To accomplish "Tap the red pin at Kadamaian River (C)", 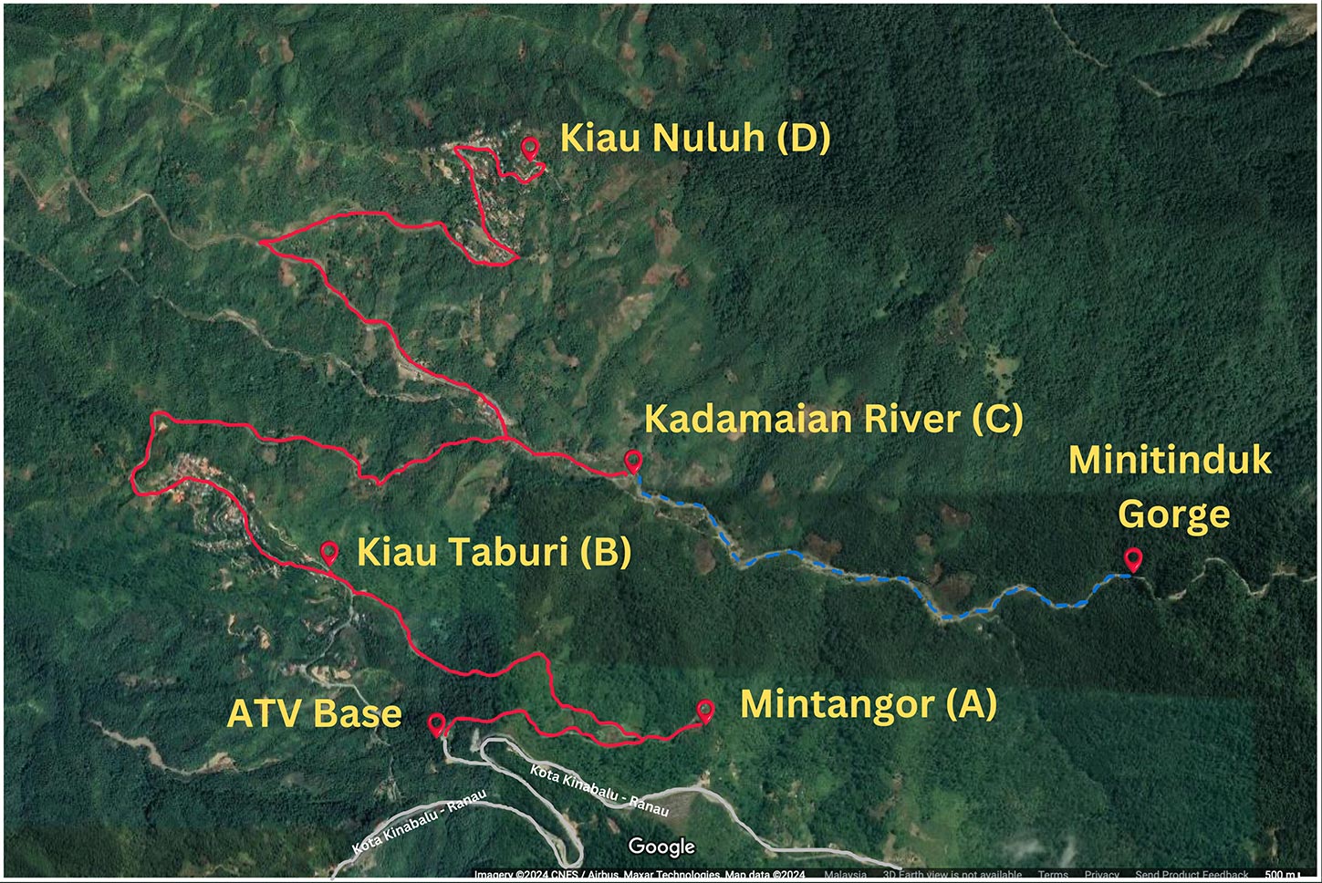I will coord(632,460).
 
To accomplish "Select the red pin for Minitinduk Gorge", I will coord(1132,558).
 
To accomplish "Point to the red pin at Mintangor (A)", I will coord(705,710).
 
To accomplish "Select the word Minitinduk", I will coord(1170,460).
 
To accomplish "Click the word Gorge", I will coord(1173,514).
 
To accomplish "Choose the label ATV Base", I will coord(314,713).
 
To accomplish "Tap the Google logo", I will coord(661,847).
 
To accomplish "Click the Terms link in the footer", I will coord(1052,875).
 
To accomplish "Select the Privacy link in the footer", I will coord(1101,875).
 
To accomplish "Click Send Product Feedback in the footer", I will coord(1192,875).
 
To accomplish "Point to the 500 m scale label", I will coord(1277,875).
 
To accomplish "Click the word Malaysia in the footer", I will coord(845,875).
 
